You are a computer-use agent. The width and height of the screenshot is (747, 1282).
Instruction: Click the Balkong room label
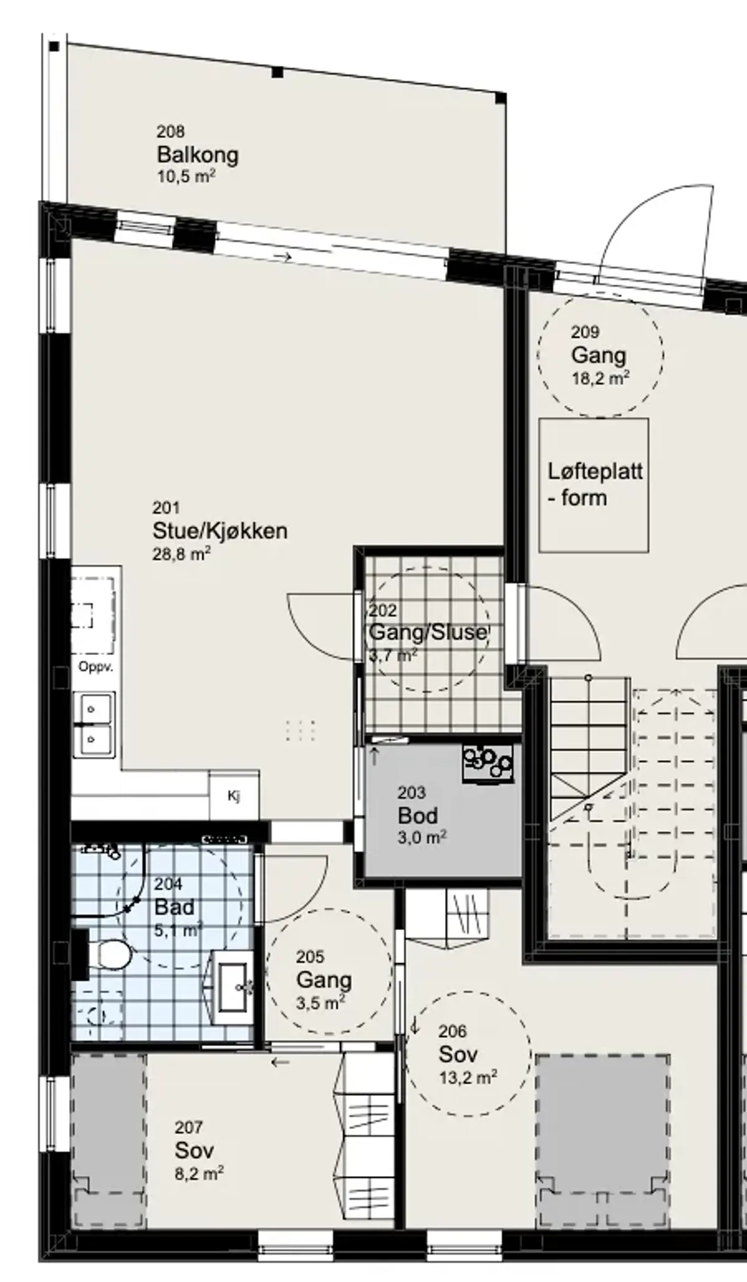pyautogui.click(x=197, y=154)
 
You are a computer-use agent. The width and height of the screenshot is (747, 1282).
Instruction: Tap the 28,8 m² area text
pyautogui.click(x=181, y=554)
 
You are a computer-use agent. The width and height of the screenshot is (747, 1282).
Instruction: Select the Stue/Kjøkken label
pyautogui.click(x=220, y=531)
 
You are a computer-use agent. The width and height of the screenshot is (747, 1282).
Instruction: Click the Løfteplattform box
pyautogui.click(x=594, y=485)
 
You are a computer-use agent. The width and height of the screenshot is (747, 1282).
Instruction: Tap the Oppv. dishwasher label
pyautogui.click(x=96, y=667)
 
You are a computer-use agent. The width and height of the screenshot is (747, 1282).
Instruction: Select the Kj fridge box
pyautogui.click(x=234, y=796)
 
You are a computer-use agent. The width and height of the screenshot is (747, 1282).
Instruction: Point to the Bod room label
pyautogui.click(x=418, y=815)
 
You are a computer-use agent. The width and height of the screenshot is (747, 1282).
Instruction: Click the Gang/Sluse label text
pyautogui.click(x=428, y=632)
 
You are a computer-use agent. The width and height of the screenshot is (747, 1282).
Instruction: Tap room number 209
pyautogui.click(x=585, y=332)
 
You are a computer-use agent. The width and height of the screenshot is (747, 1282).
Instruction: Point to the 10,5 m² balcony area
pyautogui.click(x=186, y=176)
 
